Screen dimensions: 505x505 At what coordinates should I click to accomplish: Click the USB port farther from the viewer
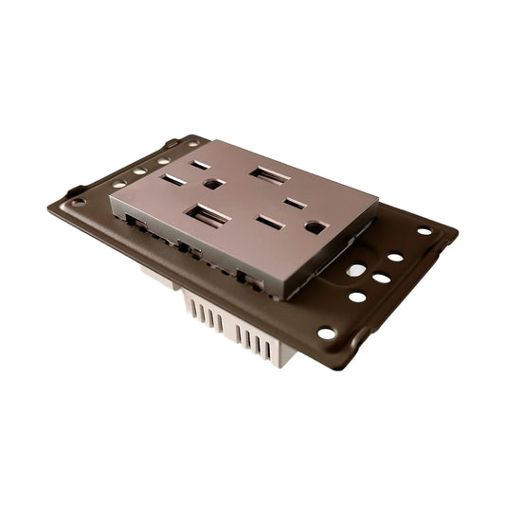tap(269, 176)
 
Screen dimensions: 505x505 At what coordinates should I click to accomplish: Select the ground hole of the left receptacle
tap(213, 184)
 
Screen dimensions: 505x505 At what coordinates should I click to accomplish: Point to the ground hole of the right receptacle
tap(316, 227)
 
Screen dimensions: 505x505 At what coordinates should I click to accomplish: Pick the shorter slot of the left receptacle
tap(201, 164)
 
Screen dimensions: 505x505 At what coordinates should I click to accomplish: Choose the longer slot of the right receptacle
tap(271, 223)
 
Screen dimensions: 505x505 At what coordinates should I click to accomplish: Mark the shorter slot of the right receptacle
tap(296, 203)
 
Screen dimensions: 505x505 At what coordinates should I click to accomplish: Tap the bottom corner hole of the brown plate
tap(327, 334)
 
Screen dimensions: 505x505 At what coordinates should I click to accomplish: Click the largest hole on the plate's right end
tap(355, 270)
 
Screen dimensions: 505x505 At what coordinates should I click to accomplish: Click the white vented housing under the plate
tap(237, 327)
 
